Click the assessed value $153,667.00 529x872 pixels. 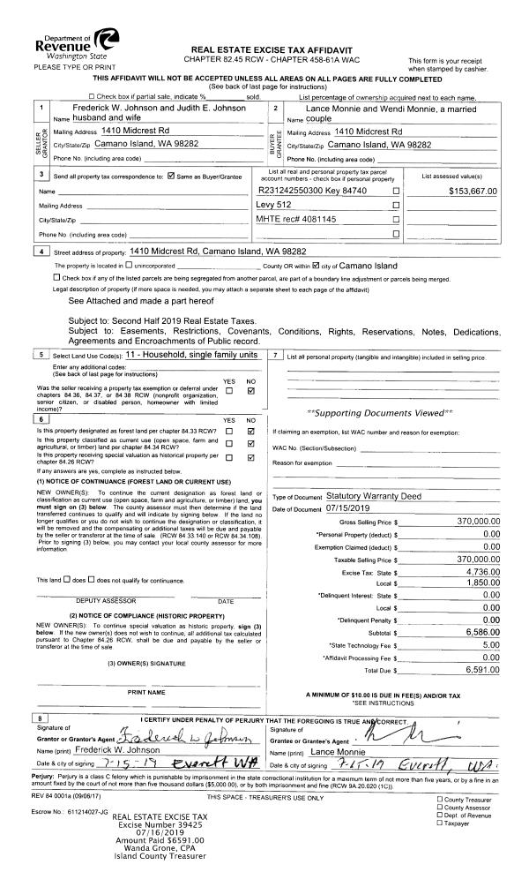(x=473, y=191)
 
